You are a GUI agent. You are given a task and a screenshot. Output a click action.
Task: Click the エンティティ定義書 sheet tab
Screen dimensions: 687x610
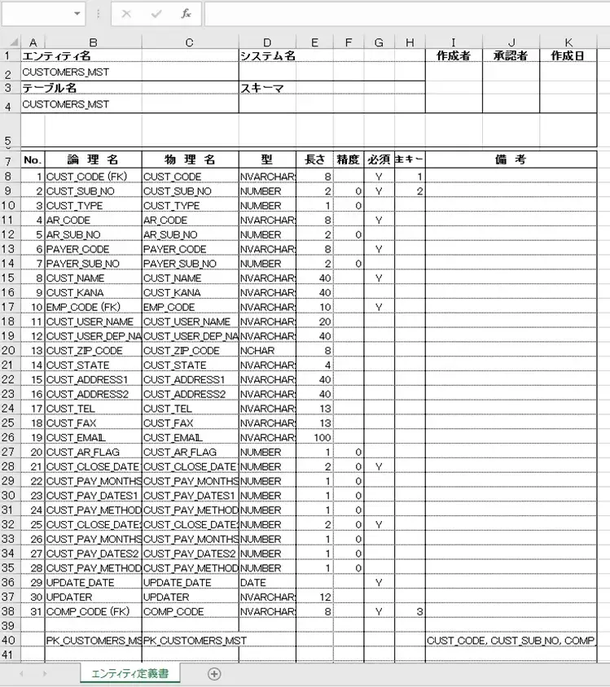tap(129, 673)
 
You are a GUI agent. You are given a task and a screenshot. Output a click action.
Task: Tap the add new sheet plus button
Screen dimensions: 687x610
tap(214, 673)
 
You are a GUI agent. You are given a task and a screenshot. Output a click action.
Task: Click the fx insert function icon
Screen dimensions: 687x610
tap(186, 14)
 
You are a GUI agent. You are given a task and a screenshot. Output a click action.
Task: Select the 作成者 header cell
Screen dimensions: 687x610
tap(453, 56)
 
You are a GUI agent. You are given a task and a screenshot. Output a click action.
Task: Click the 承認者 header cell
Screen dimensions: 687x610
tap(511, 56)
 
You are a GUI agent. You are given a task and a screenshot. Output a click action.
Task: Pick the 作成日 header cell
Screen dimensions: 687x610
tap(568, 56)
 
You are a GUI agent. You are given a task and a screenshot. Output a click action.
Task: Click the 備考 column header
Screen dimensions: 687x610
tap(511, 160)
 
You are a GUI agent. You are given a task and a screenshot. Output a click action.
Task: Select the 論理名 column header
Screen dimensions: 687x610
tap(92, 160)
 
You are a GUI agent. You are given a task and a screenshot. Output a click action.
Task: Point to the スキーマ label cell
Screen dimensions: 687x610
tap(261, 88)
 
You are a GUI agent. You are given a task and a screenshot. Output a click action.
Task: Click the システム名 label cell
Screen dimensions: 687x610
tap(266, 56)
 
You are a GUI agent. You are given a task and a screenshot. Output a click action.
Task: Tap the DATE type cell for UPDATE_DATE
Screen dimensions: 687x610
tap(253, 583)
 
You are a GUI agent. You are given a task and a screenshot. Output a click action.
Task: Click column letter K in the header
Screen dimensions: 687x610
tap(568, 42)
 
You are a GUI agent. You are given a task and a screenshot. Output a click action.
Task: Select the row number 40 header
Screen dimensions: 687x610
tap(9, 641)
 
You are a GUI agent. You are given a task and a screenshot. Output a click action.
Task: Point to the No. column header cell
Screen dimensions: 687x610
tap(33, 160)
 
